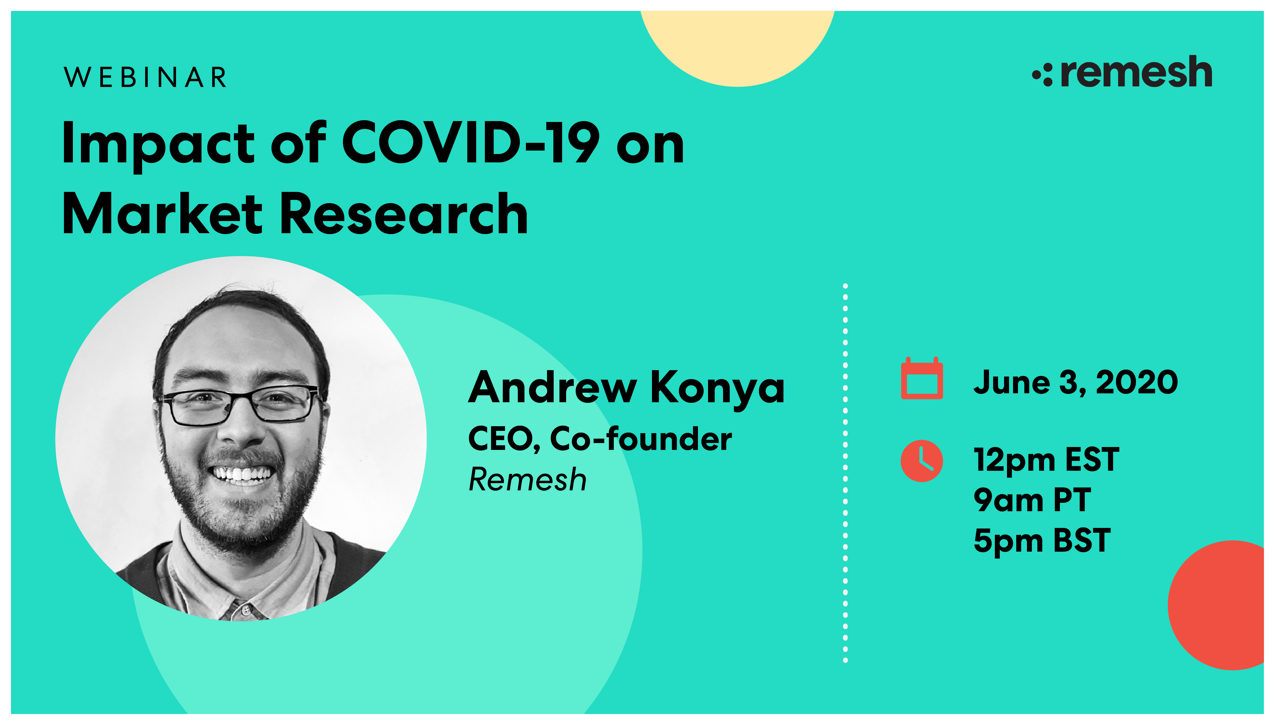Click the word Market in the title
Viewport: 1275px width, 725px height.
[x=162, y=214]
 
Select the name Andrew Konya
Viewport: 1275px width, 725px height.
[x=626, y=387]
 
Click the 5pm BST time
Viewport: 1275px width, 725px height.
[x=1042, y=541]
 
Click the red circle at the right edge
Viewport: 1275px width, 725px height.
[x=1220, y=605]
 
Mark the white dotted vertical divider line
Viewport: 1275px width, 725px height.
[x=845, y=473]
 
